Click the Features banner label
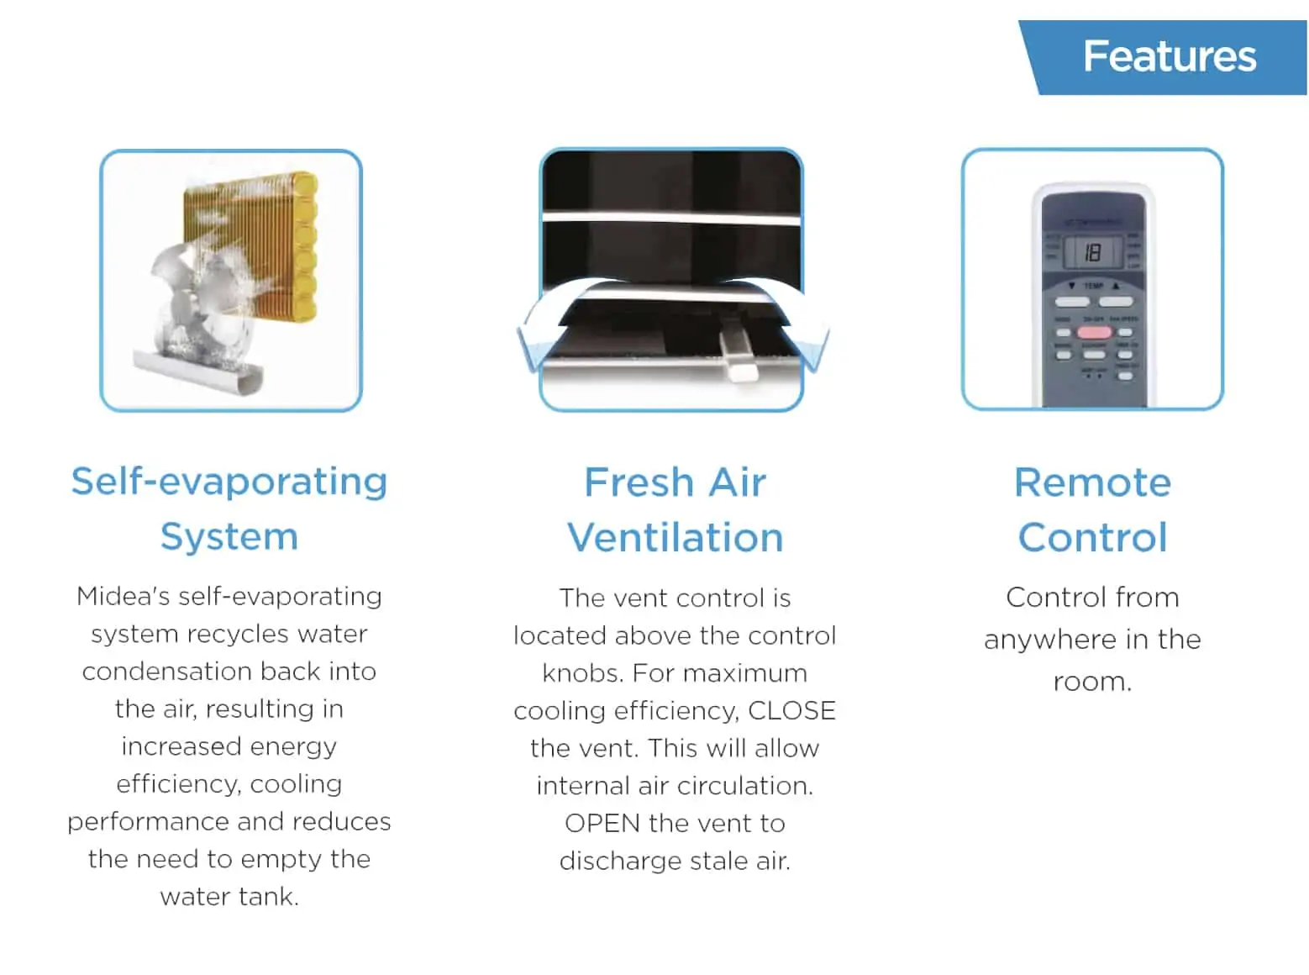pos(1170,56)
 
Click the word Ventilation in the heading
pos(676,537)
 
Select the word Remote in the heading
pos(1092,482)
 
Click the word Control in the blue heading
pos(1092,537)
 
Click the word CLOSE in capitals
pos(791,710)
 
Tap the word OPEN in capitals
pos(602,823)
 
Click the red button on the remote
pos(1094,333)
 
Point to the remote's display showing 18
pos(1092,253)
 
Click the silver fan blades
pos(195,307)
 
